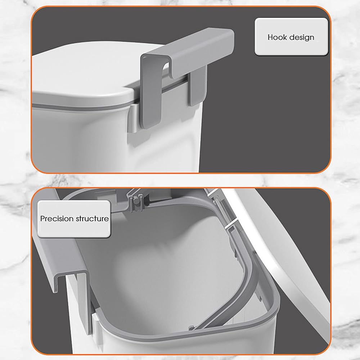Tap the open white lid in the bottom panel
coord(282,253)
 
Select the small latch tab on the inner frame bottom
coord(192,328)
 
